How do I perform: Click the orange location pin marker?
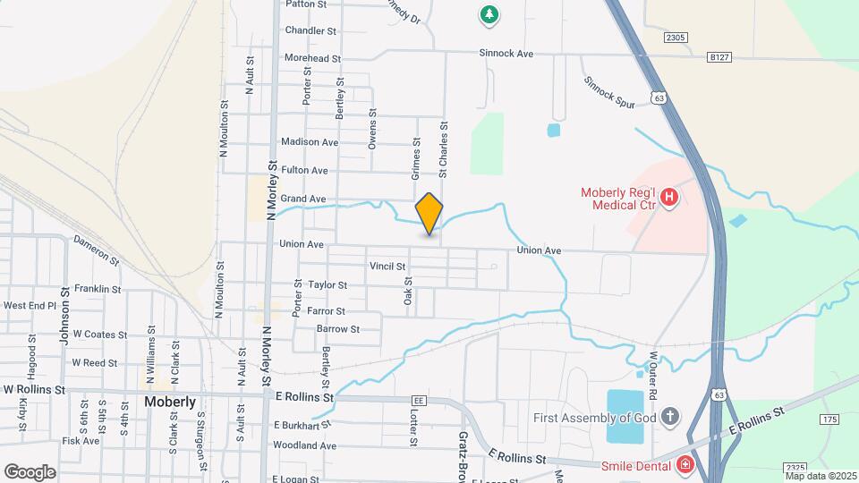[x=429, y=213]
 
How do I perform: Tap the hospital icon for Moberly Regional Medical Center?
[x=668, y=196]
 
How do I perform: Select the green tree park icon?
[x=489, y=13]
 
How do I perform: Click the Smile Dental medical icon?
[x=685, y=464]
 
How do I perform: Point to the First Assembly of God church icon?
[x=671, y=417]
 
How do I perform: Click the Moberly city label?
[x=170, y=402]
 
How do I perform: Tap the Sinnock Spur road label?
[x=609, y=93]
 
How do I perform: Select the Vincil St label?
[x=387, y=266]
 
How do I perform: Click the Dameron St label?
[x=96, y=250]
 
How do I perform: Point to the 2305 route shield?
[x=676, y=38]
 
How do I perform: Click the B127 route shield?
[x=719, y=56]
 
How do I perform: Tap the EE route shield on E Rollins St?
[x=418, y=400]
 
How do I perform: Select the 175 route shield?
[x=829, y=419]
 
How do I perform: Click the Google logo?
[x=30, y=471]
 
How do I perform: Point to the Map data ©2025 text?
[x=821, y=476]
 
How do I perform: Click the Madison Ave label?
[x=310, y=142]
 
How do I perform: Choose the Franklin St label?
[x=98, y=289]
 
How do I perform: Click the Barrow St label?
[x=337, y=329]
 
